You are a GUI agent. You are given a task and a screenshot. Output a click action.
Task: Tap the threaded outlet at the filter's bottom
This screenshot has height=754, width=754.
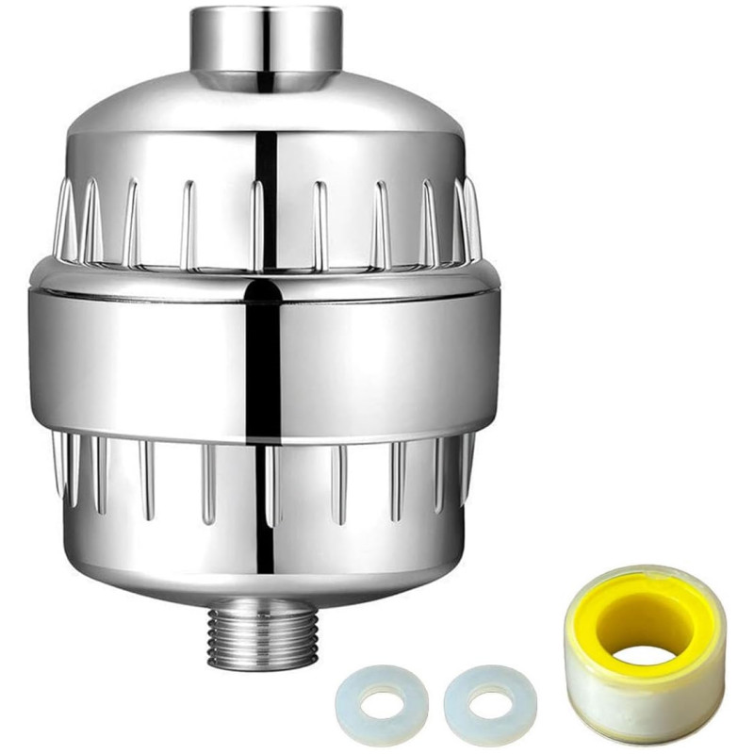coord(262,637)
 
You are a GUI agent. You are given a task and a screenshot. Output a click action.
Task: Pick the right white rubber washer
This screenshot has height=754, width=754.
coord(490,702)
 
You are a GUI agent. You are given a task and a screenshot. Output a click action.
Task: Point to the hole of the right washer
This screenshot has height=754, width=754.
coord(492,703)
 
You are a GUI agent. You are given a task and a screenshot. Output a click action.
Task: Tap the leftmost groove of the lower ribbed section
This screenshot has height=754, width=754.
coord(59,462)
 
